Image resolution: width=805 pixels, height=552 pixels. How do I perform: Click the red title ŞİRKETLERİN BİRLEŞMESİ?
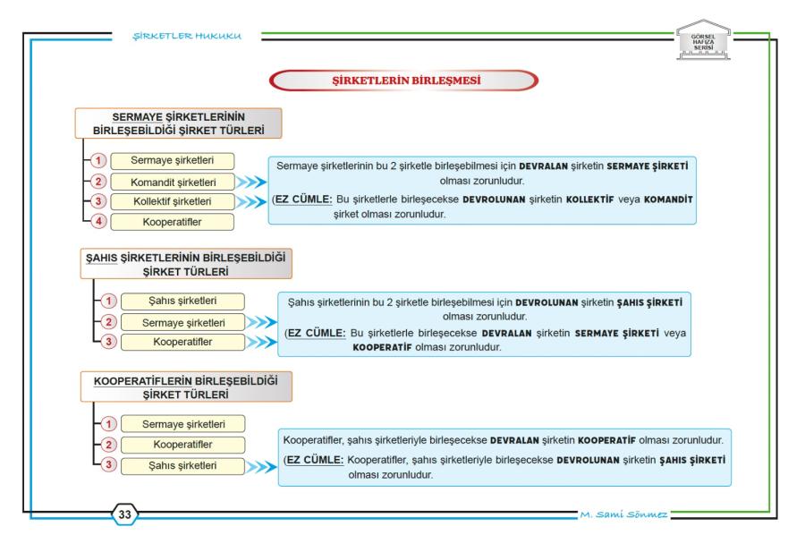coord(406,81)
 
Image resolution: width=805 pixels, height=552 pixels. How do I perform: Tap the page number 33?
coord(124,514)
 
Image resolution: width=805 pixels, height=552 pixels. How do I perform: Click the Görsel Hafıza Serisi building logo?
coord(703,40)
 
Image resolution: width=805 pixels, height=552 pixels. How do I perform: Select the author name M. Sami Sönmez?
coord(623,514)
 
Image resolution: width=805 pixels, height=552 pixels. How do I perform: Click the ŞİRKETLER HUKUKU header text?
coord(187,36)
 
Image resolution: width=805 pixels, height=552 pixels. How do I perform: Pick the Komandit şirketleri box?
coord(173,182)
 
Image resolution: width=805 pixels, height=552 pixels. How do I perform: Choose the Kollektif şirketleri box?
coord(173,201)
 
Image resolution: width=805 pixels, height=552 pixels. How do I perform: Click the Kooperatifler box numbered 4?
coord(173,222)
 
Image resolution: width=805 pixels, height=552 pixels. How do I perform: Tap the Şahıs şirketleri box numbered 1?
coord(182,301)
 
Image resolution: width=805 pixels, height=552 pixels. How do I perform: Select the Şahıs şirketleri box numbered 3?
coord(182,466)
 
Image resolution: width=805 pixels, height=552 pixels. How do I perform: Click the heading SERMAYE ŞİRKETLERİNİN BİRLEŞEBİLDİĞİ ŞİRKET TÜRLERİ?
coord(179,123)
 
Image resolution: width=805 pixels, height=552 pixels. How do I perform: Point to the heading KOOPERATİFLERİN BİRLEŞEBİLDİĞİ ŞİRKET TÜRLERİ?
coord(186,387)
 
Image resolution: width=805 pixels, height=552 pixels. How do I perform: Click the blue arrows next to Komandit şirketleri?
coord(251,182)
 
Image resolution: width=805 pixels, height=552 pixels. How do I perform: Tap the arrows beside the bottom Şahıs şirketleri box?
coord(262,467)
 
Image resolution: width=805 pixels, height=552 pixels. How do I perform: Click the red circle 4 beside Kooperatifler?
coord(98,221)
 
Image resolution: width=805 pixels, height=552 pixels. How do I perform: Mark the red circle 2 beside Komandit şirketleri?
coord(98,182)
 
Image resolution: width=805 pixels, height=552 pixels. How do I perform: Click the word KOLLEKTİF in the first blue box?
coord(589,200)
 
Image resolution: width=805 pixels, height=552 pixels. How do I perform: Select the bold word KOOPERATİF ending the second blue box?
coord(382,347)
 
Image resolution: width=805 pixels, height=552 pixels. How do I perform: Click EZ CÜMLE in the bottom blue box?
coord(315,460)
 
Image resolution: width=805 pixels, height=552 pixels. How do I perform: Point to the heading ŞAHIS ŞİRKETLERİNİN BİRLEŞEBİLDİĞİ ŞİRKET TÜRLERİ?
coord(186,265)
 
